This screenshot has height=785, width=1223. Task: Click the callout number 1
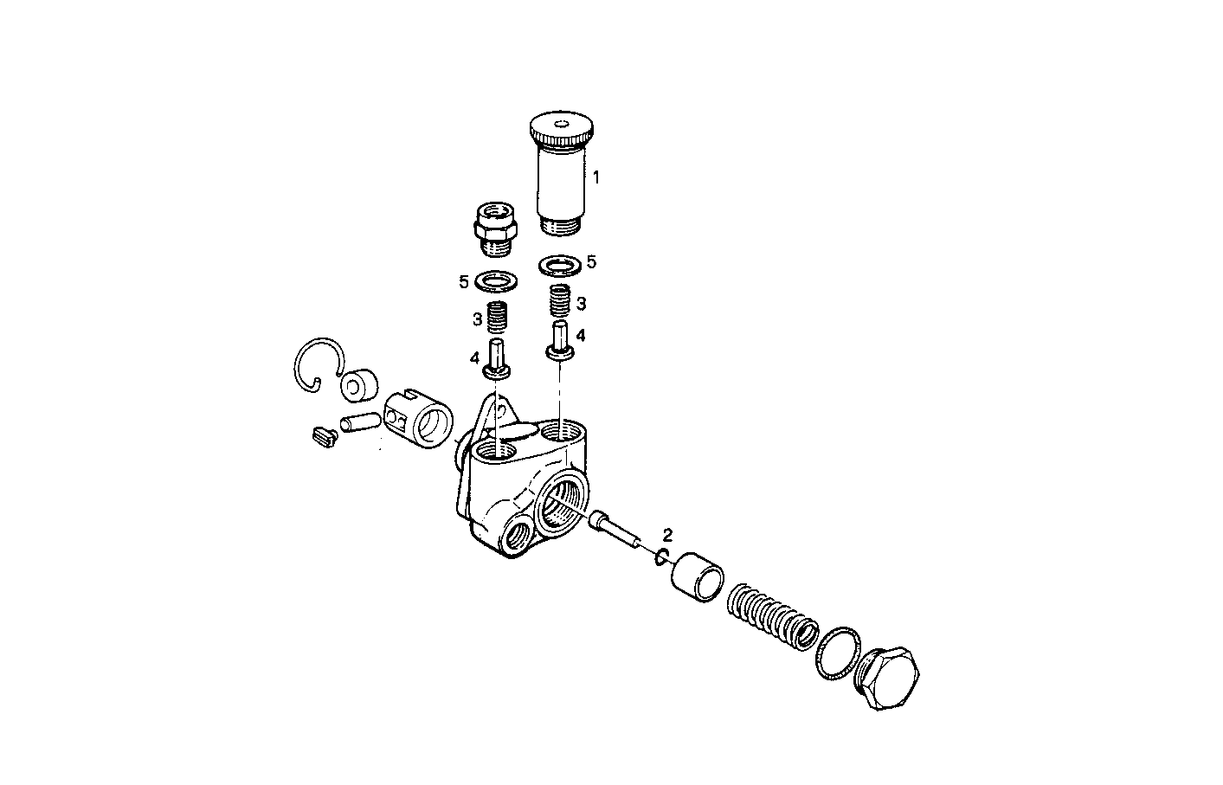coord(595,177)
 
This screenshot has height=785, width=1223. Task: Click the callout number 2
coord(667,534)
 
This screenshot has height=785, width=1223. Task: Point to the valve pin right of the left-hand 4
coord(498,359)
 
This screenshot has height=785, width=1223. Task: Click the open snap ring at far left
coord(317,364)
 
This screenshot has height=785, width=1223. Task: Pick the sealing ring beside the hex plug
coord(838,653)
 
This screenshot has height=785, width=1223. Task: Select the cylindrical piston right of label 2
coord(698,574)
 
